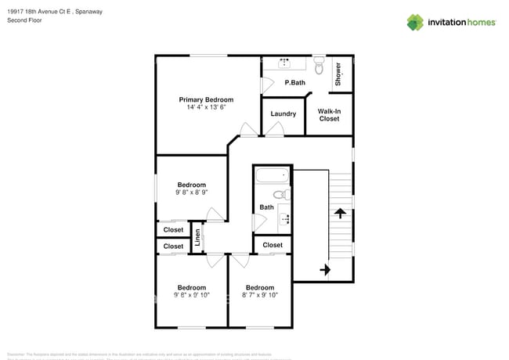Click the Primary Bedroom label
click(206, 99)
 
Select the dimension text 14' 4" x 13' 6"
click(206, 107)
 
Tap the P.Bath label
click(294, 83)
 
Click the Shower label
click(338, 74)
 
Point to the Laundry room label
click(283, 114)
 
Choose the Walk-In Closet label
click(329, 115)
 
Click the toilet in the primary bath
click(319, 61)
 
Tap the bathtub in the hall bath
click(272, 177)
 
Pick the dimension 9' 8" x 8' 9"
click(191, 192)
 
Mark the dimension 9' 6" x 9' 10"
click(191, 295)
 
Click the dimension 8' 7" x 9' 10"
click(259, 295)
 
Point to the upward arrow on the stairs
click(340, 212)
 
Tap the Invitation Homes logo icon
click(415, 22)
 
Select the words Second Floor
click(24, 20)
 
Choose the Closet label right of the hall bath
click(273, 245)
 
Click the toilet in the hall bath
click(280, 194)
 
